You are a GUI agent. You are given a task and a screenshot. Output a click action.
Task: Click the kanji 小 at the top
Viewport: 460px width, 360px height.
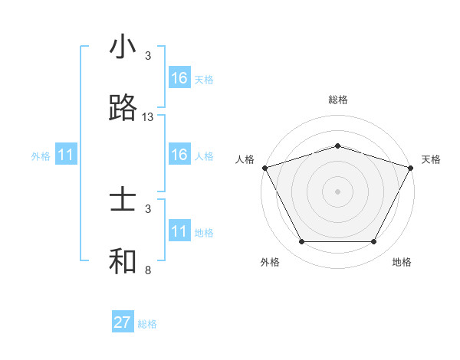[x=123, y=48]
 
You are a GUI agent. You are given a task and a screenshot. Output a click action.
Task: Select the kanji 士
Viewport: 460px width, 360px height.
[x=123, y=201]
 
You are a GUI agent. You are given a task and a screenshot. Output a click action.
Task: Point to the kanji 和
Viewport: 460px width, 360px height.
[x=123, y=261]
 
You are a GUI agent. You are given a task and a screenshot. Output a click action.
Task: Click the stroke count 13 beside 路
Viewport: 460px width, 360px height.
[x=148, y=117]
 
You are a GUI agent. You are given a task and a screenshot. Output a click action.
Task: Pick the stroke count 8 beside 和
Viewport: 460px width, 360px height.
[x=148, y=270]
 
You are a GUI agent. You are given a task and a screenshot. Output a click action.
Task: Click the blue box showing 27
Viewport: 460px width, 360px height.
[x=123, y=322]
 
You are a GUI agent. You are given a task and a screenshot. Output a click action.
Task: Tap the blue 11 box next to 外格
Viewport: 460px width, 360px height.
[x=66, y=155]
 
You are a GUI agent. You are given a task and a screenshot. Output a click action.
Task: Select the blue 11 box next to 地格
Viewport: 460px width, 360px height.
[x=179, y=231]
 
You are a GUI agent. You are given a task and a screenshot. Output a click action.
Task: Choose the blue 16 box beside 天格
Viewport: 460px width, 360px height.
[x=179, y=78]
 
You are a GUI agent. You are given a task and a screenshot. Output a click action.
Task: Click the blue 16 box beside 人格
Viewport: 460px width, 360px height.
[x=179, y=155]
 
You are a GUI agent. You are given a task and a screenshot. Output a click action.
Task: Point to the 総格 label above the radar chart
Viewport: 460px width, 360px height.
[x=338, y=100]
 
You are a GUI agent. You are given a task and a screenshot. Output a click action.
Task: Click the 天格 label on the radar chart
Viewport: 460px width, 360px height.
[x=431, y=159]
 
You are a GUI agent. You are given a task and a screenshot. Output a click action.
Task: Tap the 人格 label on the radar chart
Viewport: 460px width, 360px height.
[x=245, y=159]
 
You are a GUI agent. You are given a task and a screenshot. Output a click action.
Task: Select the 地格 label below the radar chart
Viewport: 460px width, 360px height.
[x=402, y=263]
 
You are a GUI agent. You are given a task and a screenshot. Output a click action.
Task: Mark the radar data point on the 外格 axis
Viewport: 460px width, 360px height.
[x=301, y=242]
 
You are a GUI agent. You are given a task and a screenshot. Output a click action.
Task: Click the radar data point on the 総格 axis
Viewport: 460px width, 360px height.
[x=338, y=146]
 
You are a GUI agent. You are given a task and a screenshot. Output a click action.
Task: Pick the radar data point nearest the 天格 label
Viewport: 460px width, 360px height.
[x=412, y=167]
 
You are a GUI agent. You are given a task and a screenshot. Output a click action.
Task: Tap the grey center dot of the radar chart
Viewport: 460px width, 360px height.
[x=338, y=191]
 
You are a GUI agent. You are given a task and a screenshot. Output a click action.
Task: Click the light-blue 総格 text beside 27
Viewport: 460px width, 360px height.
[x=147, y=324]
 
